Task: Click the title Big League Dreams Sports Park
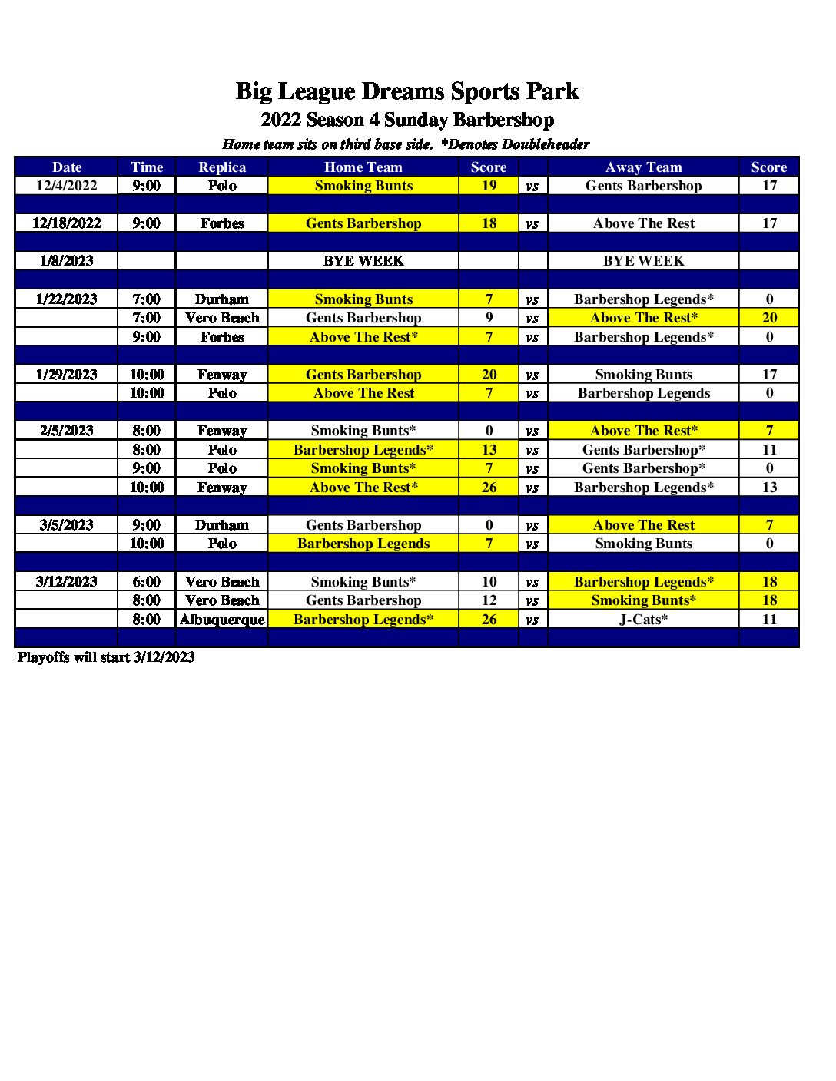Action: click(406, 91)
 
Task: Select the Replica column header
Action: click(222, 167)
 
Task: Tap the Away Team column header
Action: click(643, 167)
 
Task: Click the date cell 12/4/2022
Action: click(67, 186)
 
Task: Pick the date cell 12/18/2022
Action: click(67, 223)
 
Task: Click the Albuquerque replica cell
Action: click(222, 620)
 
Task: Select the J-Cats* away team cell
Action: click(643, 620)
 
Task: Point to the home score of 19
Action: click(489, 186)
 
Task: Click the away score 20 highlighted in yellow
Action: click(769, 318)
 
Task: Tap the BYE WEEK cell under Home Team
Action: click(363, 261)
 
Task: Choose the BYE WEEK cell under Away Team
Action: click(643, 261)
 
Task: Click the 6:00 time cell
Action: click(146, 582)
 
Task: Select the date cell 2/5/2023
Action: click(67, 431)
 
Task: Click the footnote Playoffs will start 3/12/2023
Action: click(106, 657)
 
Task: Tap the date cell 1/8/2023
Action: click(67, 261)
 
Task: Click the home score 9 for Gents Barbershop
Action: click(489, 318)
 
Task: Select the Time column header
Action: click(146, 167)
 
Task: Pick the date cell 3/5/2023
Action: click(67, 525)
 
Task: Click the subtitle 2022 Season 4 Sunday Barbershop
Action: click(406, 120)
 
